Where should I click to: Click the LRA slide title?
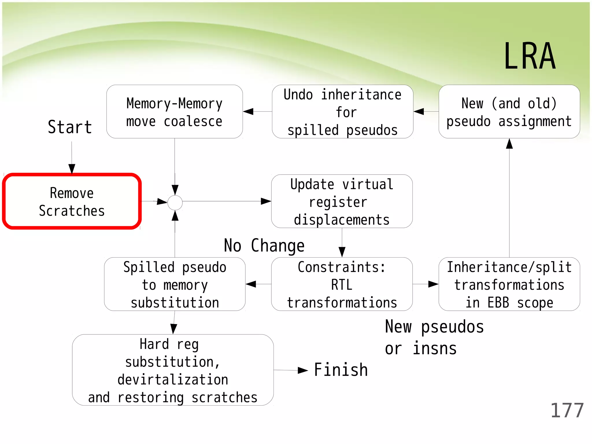coord(530,56)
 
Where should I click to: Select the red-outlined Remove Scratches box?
coord(72,201)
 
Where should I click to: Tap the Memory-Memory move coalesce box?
coord(175,112)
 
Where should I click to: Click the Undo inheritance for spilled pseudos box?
coord(343,112)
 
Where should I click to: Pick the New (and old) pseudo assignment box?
coord(509,112)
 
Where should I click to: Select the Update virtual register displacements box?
coord(342,201)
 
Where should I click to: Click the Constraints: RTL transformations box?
coord(342,284)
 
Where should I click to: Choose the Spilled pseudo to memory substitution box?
coord(175,284)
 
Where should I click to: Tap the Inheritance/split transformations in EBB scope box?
coord(509,284)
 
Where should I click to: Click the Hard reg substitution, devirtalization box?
coord(173,370)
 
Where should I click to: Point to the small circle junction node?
coord(175,203)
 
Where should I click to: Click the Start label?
coord(70,127)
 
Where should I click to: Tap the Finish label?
coord(341,370)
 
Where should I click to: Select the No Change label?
coord(264,246)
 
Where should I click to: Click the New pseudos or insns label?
coord(434,337)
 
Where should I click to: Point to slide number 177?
coord(567,410)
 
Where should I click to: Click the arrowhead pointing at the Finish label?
coord(303,370)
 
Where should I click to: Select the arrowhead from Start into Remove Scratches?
coord(72,169)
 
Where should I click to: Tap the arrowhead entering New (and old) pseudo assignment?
coord(509,144)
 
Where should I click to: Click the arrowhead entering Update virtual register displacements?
coord(266,201)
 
